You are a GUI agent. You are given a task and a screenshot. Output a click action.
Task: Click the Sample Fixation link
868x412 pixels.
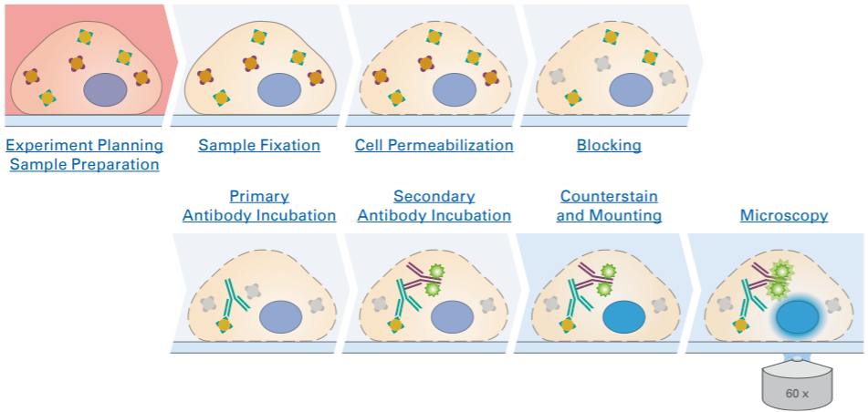coord(259,145)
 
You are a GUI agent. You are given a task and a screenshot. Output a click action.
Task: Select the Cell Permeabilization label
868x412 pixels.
coord(434,145)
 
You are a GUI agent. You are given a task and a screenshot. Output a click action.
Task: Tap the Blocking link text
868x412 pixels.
coord(609,145)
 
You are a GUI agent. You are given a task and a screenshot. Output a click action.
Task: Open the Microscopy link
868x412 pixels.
coord(784,216)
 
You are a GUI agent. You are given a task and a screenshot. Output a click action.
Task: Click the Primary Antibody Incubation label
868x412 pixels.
coord(259,206)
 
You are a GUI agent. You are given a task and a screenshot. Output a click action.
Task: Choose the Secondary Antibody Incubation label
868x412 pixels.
coord(434,206)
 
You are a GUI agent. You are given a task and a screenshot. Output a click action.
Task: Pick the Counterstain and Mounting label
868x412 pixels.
coord(610,206)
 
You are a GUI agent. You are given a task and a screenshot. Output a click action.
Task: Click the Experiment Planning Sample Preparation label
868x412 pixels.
coord(84,155)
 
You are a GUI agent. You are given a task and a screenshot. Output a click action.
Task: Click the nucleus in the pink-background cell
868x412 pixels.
coord(105,91)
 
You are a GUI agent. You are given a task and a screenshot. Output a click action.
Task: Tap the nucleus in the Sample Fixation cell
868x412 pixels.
coord(279,91)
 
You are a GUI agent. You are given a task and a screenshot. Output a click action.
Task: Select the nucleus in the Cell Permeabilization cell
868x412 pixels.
coord(454,91)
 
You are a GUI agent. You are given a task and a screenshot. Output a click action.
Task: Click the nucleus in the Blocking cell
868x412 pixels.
coord(630,91)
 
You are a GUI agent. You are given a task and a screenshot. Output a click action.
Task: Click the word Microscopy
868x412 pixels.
coord(784,216)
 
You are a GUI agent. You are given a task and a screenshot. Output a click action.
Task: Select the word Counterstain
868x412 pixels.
coord(609,197)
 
